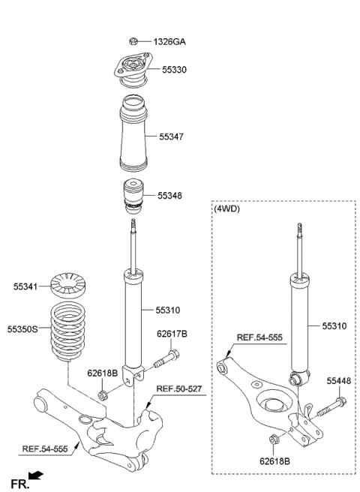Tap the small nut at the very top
[x=133, y=42]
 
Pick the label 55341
[x=26, y=285]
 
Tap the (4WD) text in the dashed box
[x=228, y=211]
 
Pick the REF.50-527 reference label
[x=181, y=388]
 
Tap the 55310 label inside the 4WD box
[x=335, y=325]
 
